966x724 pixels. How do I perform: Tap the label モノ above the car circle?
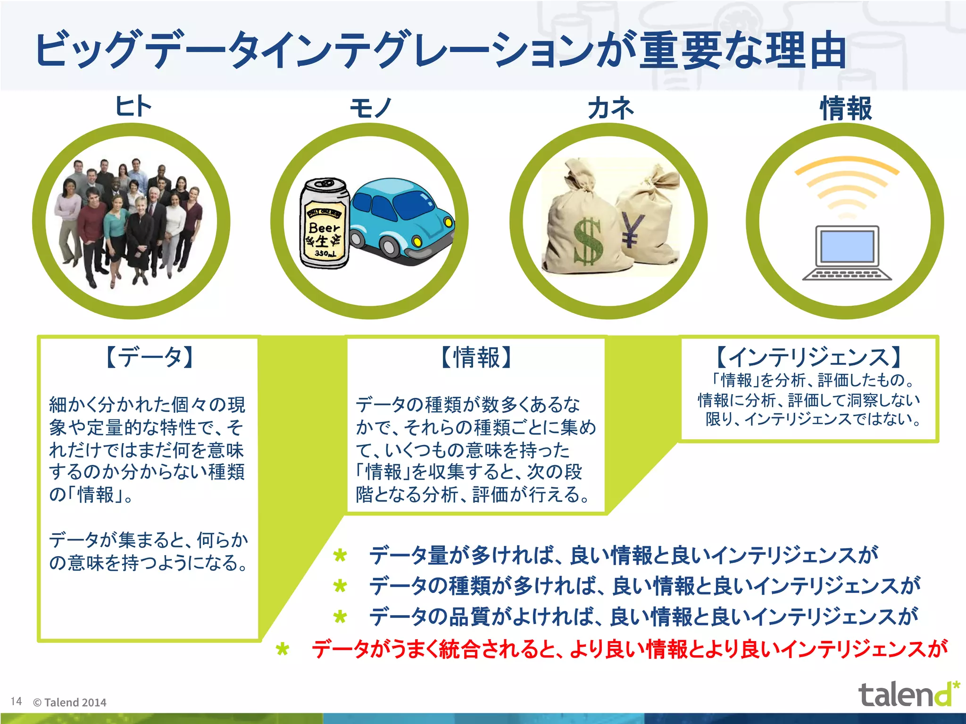(371, 108)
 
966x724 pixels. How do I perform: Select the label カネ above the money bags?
(610, 108)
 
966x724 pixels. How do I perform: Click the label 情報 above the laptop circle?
(846, 108)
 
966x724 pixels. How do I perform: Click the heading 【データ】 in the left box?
(149, 357)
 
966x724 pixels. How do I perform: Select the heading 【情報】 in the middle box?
(476, 357)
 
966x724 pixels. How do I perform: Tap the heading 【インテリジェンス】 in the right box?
(809, 357)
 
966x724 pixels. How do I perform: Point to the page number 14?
(16, 701)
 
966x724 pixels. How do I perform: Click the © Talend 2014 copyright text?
(70, 702)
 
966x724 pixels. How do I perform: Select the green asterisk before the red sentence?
(283, 650)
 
